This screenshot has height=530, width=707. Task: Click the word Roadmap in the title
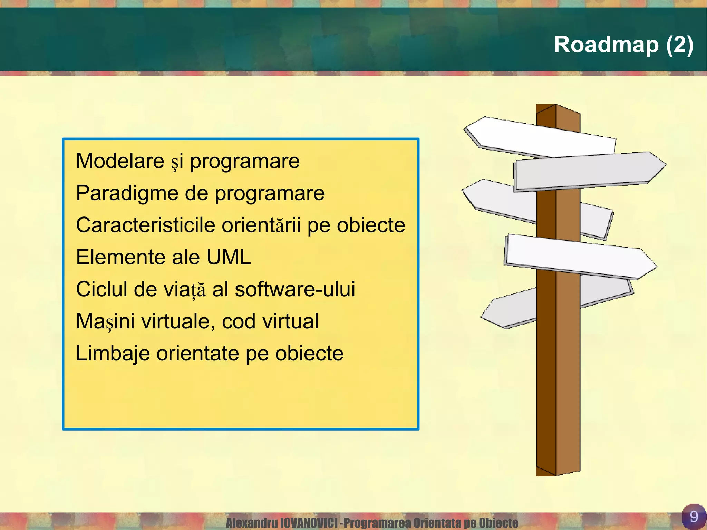606,45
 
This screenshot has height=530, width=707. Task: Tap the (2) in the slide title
679,45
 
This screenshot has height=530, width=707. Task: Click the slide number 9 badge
693,517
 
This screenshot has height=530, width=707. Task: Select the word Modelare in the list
120,161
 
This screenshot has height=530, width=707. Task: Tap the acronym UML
229,257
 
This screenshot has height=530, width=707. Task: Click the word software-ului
295,289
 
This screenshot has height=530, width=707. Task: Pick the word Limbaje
113,353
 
